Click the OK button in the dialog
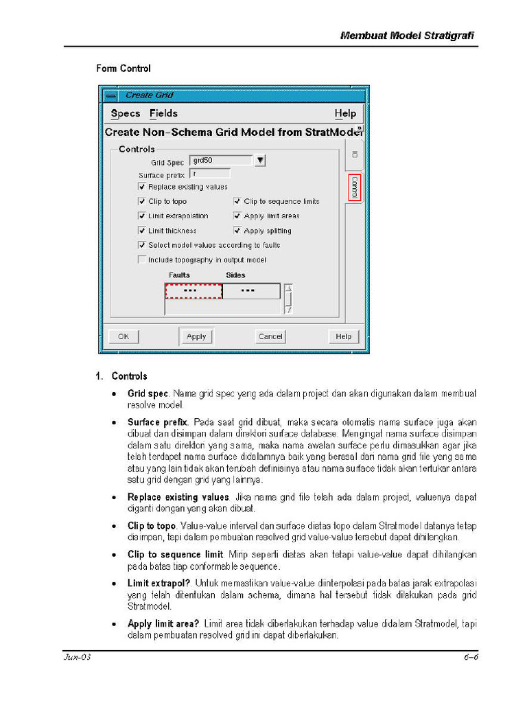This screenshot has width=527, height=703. [x=124, y=336]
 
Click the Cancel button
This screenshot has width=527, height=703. [x=270, y=336]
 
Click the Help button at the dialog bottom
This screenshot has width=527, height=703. [x=344, y=336]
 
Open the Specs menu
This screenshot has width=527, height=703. [x=126, y=114]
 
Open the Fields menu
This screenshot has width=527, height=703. [x=163, y=114]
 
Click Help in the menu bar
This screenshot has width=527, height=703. [x=345, y=114]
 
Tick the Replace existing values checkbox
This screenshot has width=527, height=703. [x=142, y=187]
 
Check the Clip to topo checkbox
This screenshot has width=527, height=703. [x=142, y=201]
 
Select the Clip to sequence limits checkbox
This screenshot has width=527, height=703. [x=237, y=201]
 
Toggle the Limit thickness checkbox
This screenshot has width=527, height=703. [x=142, y=231]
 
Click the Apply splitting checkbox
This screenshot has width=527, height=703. [x=237, y=231]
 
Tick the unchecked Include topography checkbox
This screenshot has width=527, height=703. [x=142, y=260]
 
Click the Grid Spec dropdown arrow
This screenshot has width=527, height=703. [x=260, y=161]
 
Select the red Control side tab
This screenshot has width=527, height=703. [x=354, y=187]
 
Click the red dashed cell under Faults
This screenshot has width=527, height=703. [x=194, y=291]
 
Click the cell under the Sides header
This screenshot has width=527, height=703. [x=250, y=291]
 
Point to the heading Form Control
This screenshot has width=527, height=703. [x=123, y=69]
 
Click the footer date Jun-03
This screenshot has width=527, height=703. [x=78, y=658]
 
